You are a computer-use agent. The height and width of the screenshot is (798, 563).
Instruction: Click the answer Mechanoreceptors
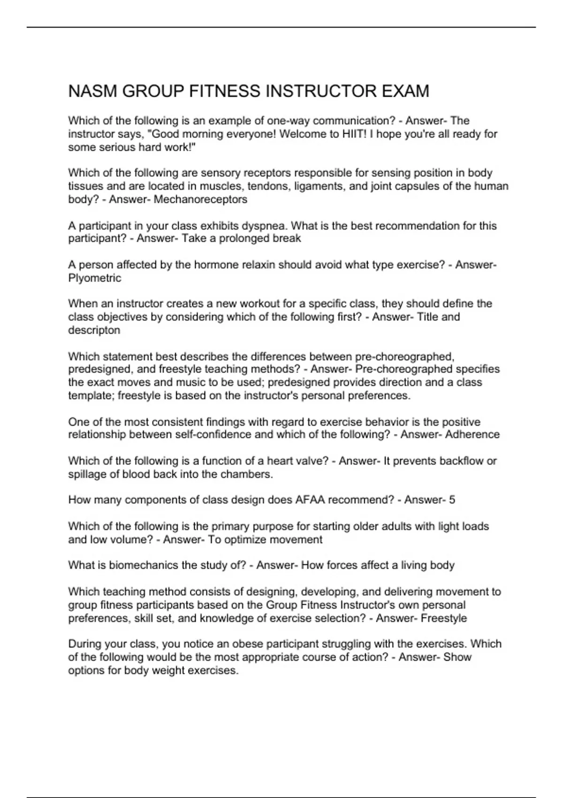[x=200, y=199]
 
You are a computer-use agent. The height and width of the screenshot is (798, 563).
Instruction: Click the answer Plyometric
[x=95, y=278]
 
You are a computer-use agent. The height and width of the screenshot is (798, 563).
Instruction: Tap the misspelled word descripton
[x=94, y=330]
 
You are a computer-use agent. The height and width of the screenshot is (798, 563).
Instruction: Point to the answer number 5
[x=452, y=499]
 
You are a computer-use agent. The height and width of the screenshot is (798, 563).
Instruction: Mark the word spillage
[x=87, y=474]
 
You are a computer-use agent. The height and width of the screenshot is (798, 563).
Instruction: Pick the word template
[x=91, y=395]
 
